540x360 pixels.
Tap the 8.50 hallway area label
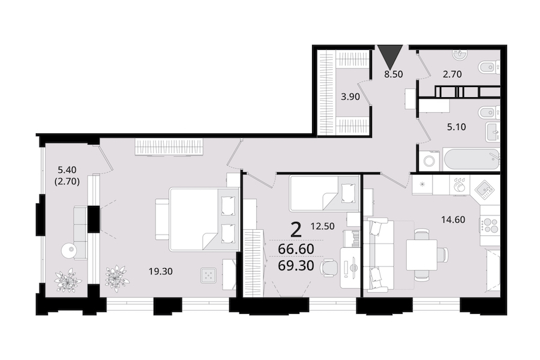393,74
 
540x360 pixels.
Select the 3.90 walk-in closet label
350,97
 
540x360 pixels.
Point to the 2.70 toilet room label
452,74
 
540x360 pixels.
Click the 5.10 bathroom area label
457,127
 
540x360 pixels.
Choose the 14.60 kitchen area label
453,219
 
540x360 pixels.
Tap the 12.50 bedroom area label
322,226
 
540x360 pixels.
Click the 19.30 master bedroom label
160,271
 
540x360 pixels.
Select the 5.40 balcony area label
67,169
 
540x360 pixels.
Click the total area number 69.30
296,266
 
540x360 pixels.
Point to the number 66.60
296,249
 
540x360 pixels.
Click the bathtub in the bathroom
472,159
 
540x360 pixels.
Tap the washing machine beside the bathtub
429,161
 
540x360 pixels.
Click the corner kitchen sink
485,190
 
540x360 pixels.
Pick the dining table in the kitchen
422,255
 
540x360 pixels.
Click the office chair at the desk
329,268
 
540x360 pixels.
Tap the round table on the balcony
70,250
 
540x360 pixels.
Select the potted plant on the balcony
68,280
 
